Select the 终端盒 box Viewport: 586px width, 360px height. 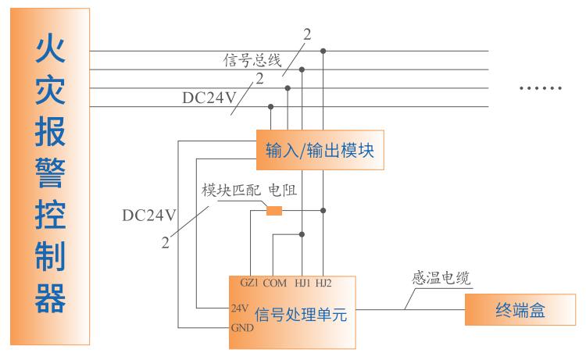click(x=520, y=311)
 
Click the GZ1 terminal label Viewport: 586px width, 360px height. click(x=250, y=283)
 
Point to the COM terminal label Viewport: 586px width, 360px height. click(x=275, y=283)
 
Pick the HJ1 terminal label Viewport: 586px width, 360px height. click(x=302, y=283)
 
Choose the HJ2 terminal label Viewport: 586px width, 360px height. click(x=323, y=283)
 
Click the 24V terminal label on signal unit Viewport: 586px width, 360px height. click(x=241, y=308)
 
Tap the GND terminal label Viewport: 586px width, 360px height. click(x=241, y=328)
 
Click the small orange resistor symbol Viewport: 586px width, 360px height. click(x=274, y=210)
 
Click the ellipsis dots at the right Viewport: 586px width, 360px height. click(x=541, y=87)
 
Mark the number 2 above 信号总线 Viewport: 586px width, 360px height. click(x=307, y=34)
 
